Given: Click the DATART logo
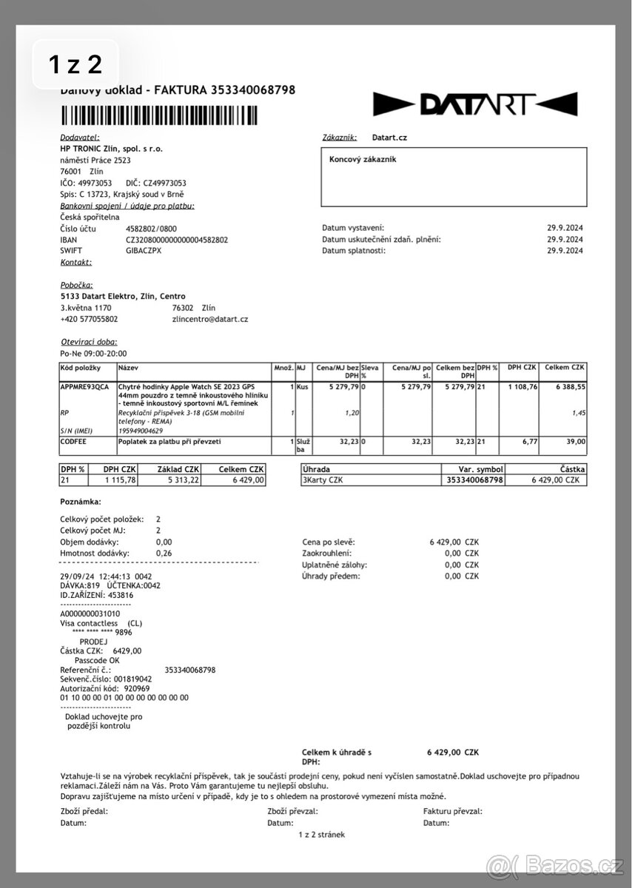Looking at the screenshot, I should point(474,104).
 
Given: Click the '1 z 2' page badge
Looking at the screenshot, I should point(75,65).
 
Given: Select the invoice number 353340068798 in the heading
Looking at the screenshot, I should point(253,90).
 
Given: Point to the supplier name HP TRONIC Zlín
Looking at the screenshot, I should point(112,148).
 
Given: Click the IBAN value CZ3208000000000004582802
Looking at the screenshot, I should point(177,240).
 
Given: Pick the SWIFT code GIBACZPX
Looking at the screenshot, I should point(144,250).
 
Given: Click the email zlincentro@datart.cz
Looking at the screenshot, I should point(209,319).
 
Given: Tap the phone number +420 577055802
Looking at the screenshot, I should point(89,319).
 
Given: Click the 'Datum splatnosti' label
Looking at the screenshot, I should point(354,250).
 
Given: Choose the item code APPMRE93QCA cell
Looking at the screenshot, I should point(84,386).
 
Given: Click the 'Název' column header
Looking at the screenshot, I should point(128,367).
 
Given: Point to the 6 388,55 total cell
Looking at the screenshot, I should point(567,386).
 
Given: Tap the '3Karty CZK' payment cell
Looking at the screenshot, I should point(323,480).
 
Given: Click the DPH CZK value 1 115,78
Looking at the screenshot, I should point(119,480).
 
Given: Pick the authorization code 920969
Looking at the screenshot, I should point(137,687).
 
